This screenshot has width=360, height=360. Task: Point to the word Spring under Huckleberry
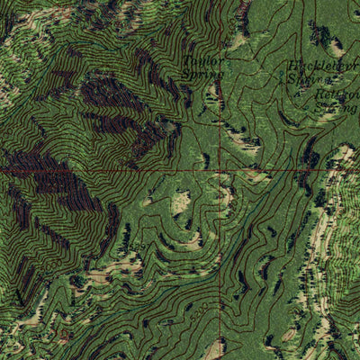(306, 80)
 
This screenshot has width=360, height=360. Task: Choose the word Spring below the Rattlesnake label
(337, 107)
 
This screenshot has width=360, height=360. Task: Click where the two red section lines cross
(221, 169)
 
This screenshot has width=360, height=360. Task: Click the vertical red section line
(221, 108)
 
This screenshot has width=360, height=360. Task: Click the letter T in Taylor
(186, 62)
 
